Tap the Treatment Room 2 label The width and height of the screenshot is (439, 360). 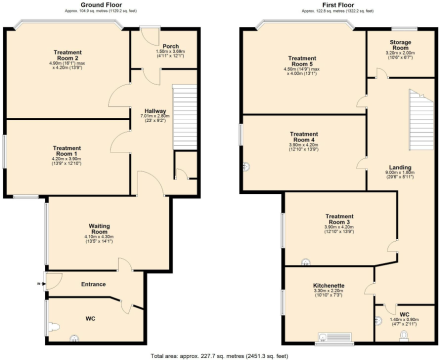coord(67,55)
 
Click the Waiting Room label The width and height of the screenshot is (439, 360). coord(99,229)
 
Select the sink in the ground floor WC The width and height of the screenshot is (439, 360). coord(74,338)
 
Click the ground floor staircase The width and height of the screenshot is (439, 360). coord(184,117)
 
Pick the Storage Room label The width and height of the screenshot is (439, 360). coord(400,45)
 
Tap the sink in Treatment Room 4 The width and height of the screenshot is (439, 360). coord(246,166)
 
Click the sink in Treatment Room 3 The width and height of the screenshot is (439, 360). coord(305,261)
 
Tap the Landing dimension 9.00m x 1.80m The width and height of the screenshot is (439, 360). coord(399,172)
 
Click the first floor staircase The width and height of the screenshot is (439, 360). coord(419,120)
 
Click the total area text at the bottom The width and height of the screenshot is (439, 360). coord(219,356)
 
